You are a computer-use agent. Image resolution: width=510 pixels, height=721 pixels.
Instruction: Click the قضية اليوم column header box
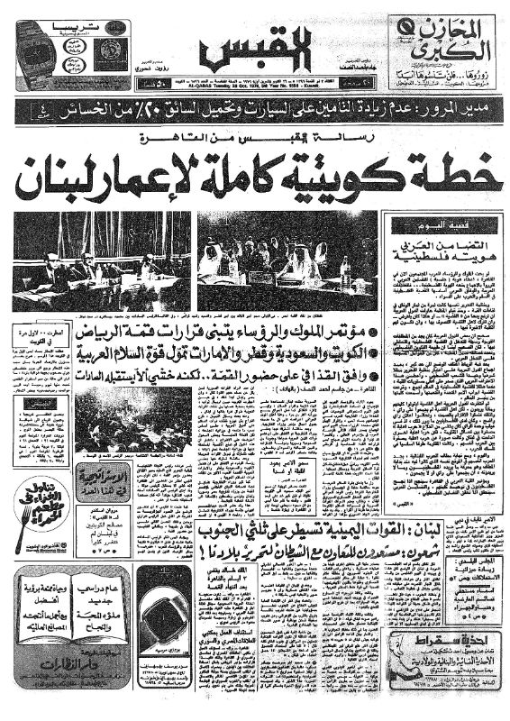[442, 224]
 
